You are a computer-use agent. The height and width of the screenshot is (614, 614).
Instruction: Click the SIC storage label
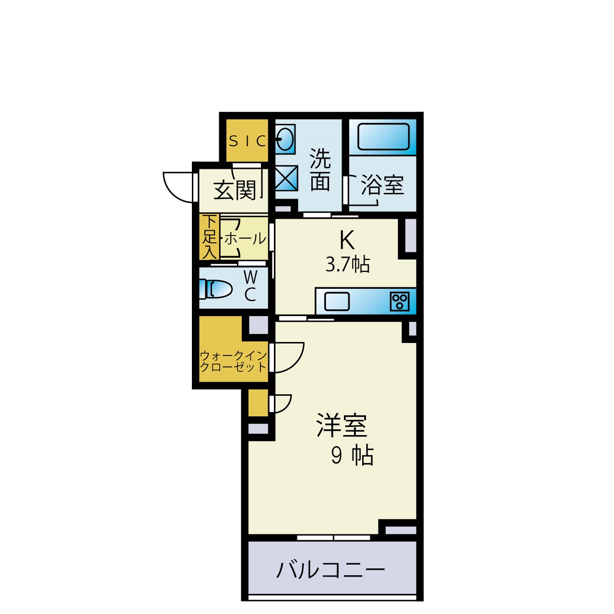(x=248, y=141)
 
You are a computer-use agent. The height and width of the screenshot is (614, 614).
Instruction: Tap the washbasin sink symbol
(x=285, y=139)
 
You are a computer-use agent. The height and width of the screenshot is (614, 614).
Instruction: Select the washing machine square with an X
(x=286, y=178)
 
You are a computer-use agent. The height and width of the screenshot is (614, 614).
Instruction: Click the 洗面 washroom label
(x=320, y=170)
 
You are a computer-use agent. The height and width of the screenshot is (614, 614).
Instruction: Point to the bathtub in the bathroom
(x=383, y=137)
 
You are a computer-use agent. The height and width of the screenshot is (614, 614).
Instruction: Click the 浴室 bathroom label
(x=382, y=185)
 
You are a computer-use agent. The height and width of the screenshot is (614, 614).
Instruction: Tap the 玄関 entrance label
(x=235, y=190)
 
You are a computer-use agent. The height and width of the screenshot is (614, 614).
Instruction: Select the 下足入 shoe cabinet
(x=209, y=237)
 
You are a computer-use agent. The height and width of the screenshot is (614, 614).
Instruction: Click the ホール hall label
(x=245, y=238)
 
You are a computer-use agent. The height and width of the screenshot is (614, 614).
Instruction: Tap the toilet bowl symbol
(x=219, y=289)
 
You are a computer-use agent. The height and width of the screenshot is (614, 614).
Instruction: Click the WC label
(x=250, y=286)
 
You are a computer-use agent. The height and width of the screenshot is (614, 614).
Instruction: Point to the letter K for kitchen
(x=347, y=240)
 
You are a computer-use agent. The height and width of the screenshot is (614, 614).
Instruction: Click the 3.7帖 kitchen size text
(x=348, y=264)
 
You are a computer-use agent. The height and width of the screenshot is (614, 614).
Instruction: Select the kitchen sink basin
(x=337, y=302)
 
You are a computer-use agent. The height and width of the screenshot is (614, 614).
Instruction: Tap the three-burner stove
(x=400, y=301)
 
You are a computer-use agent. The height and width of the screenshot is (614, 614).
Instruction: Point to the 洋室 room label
(x=342, y=425)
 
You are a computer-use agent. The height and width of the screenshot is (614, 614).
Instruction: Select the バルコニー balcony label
(x=331, y=570)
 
